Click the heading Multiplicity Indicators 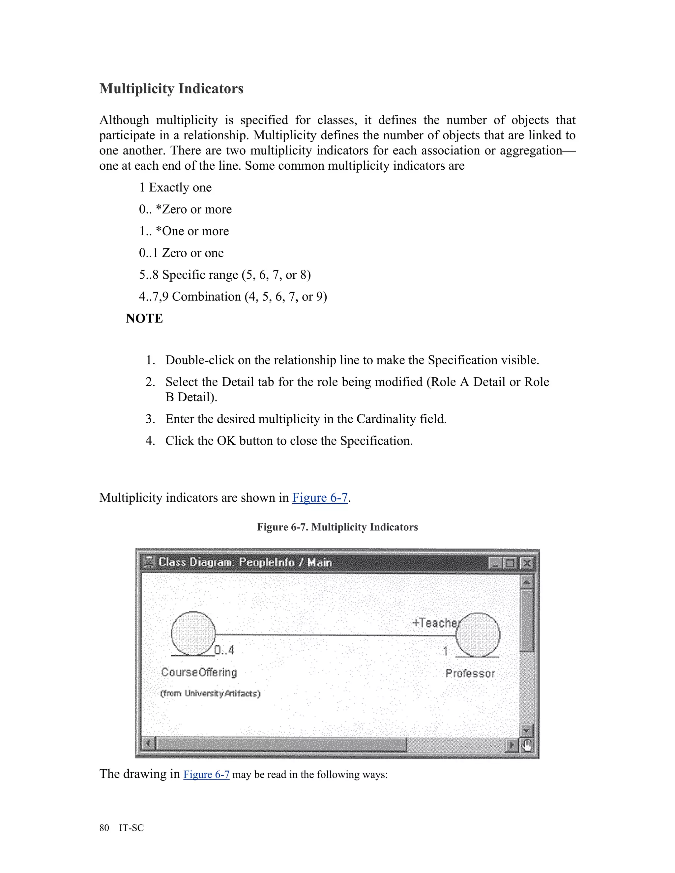tap(171, 88)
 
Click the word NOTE tap(144, 318)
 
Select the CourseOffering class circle tap(193, 633)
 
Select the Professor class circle tap(478, 635)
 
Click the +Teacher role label tap(436, 623)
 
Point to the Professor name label tap(470, 674)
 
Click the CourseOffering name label tap(199, 672)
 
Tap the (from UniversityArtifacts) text tap(210, 693)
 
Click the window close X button tap(527, 563)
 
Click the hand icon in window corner tap(527, 746)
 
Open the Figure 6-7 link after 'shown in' tap(320, 498)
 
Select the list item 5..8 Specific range tap(225, 275)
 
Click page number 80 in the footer tap(104, 828)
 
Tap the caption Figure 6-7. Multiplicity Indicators tap(337, 527)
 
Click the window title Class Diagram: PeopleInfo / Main tap(245, 562)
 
